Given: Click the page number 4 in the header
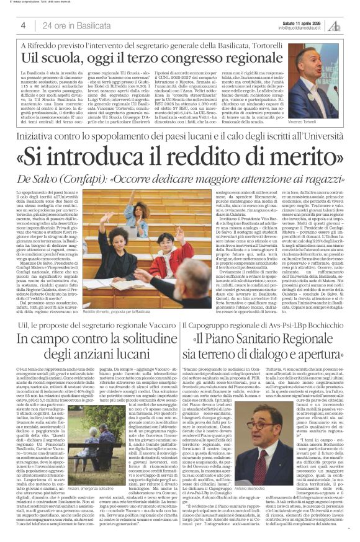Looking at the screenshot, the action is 23,25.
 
